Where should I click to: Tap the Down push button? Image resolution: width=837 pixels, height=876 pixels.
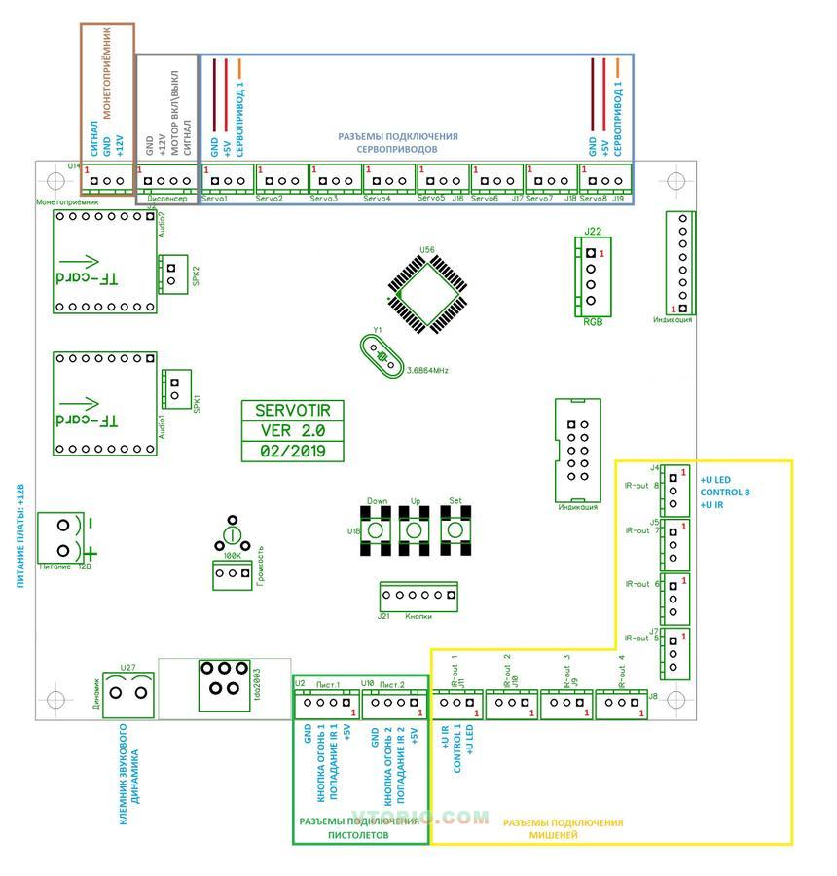378,531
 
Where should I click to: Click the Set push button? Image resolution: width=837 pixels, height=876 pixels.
455,531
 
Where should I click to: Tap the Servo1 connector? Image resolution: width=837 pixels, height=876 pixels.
227,180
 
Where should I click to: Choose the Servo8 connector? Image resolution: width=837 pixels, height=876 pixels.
604,180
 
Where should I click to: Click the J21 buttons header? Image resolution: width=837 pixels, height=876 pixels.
418,595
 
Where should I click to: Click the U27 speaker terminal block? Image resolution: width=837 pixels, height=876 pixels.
130,693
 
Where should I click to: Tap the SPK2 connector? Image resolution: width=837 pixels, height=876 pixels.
172,274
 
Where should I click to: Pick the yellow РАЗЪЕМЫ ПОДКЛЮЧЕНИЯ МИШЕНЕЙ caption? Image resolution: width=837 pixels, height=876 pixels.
563,828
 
